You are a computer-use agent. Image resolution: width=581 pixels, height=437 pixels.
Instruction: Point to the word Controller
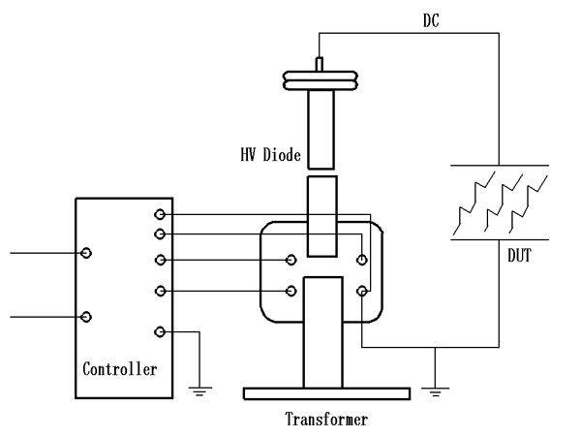point(120,368)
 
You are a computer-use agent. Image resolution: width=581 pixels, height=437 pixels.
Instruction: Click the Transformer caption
point(326,421)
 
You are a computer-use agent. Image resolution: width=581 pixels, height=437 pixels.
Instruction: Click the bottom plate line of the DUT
point(499,239)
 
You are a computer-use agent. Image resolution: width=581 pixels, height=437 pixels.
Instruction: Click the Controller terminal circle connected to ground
point(160,332)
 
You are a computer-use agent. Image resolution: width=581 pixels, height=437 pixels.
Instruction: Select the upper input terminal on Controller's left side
point(87,253)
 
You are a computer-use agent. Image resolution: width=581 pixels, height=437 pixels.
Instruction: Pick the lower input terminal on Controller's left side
point(87,317)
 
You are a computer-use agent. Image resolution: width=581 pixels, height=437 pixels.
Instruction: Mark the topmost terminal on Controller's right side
point(160,214)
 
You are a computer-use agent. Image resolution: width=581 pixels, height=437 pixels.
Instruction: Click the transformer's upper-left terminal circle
point(291,259)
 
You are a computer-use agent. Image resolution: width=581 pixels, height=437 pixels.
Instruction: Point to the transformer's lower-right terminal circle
point(361,290)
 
